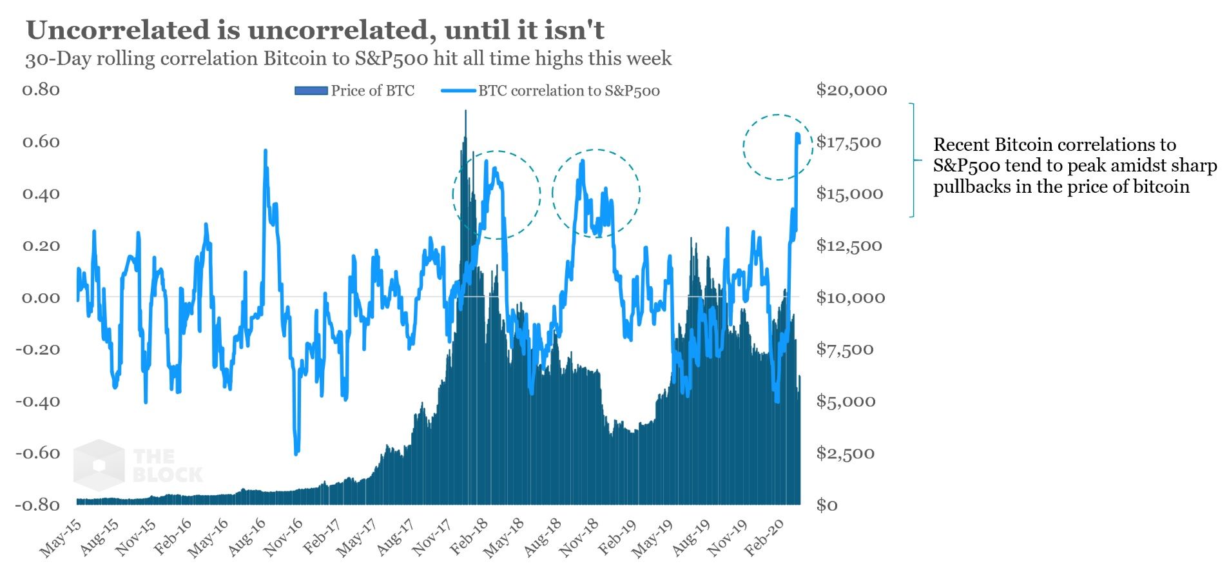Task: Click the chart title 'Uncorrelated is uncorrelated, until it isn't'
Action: click(315, 30)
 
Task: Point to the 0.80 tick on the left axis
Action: click(41, 90)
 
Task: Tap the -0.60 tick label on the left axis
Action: click(37, 453)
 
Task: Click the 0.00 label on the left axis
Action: click(41, 298)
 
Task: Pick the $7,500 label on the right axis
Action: click(845, 349)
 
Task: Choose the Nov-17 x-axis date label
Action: click(431, 538)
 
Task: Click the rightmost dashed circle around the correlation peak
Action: click(777, 147)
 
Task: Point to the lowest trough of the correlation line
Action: click(296, 453)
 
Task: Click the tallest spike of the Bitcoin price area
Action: click(465, 113)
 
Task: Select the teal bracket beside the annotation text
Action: click(912, 160)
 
